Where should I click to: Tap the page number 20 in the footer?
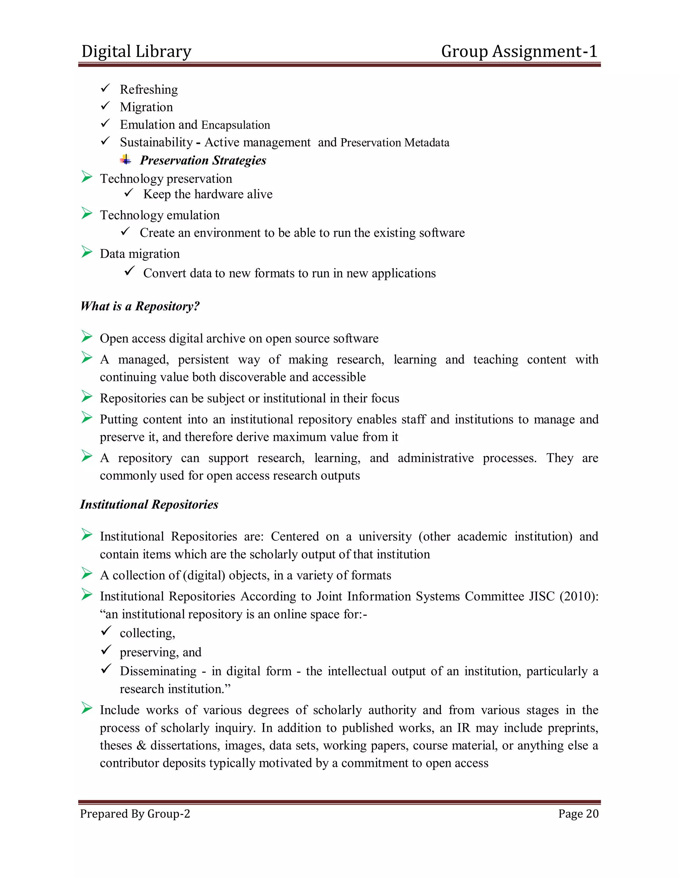tap(592, 813)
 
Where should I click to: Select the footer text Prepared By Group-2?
tap(135, 814)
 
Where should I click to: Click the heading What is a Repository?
tap(140, 306)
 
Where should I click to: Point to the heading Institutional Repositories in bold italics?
tap(149, 505)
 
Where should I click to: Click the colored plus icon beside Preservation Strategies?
tap(126, 160)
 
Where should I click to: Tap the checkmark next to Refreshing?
tap(105, 88)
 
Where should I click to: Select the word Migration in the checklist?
tap(147, 107)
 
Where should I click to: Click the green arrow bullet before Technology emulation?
tap(87, 213)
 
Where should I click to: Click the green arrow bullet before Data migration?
tap(87, 252)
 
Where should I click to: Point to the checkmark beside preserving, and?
tap(106, 650)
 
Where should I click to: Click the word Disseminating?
tap(158, 671)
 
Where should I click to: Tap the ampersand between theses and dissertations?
tap(141, 745)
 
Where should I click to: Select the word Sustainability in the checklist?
tap(156, 142)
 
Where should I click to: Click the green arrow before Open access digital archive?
tap(87, 337)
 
